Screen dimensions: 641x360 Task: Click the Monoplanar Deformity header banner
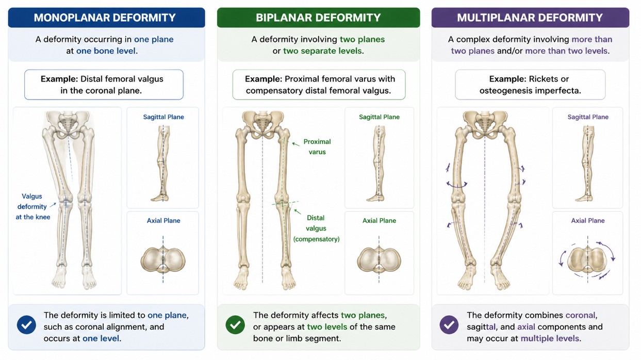click(x=106, y=18)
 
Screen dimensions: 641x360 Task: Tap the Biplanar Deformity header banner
click(x=318, y=18)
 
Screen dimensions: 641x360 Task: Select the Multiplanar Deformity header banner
click(x=530, y=18)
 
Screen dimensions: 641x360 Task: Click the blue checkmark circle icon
click(x=26, y=325)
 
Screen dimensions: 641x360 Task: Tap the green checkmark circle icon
click(x=235, y=325)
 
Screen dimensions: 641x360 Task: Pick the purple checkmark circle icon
click(x=449, y=325)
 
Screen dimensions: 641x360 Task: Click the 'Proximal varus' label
click(x=317, y=147)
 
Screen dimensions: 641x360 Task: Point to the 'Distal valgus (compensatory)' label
click(x=316, y=228)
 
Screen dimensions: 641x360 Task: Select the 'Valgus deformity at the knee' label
click(x=32, y=207)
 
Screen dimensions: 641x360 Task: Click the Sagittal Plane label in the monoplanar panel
click(x=163, y=117)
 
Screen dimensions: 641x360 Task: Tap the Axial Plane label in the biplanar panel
click(x=379, y=220)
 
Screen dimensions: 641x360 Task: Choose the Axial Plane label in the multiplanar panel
click(x=588, y=220)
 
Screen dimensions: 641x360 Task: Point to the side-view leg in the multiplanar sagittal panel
click(x=587, y=163)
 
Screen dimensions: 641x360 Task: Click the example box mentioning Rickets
click(x=530, y=85)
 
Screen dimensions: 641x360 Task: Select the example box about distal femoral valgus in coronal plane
click(x=104, y=85)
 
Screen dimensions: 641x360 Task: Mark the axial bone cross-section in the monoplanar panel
click(x=163, y=260)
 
